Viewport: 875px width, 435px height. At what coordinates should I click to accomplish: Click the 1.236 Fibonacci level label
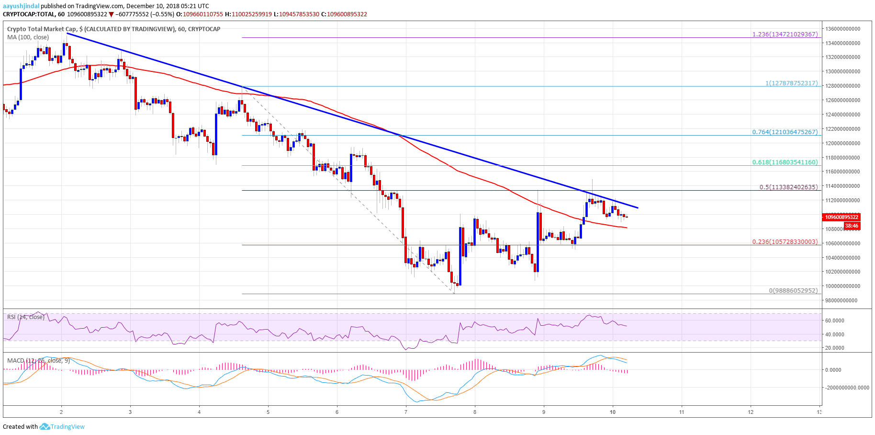(x=785, y=34)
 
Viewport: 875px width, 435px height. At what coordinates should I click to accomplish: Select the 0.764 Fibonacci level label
(x=785, y=132)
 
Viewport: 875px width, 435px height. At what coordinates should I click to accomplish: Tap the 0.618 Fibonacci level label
(x=785, y=162)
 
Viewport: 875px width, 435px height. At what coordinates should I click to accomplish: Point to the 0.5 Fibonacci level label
(x=788, y=187)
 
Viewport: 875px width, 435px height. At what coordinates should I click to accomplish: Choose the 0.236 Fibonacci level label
(x=785, y=242)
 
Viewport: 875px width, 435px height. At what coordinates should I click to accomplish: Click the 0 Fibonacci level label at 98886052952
(x=793, y=291)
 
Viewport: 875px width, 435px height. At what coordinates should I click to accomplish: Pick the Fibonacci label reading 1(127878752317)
(x=791, y=83)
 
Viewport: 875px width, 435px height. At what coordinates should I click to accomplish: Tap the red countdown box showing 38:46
(x=851, y=226)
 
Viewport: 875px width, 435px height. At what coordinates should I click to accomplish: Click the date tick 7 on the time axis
(x=406, y=412)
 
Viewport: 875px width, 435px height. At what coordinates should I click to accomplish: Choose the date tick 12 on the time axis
(x=751, y=412)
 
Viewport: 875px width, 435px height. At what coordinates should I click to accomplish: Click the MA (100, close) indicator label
(x=28, y=37)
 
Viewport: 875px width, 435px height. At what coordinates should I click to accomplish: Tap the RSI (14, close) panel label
(x=26, y=317)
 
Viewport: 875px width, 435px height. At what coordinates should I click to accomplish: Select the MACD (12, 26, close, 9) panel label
(x=38, y=360)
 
